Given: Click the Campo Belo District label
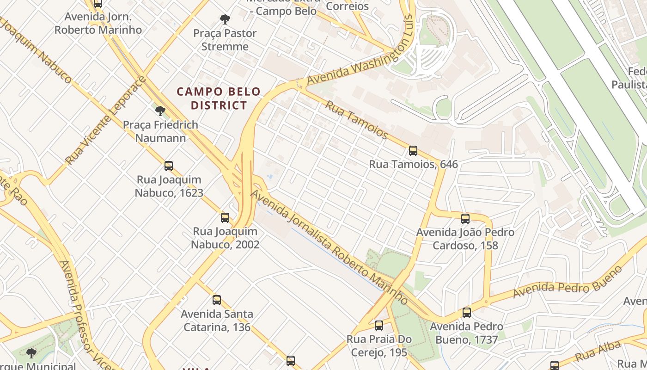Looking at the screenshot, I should (219, 99).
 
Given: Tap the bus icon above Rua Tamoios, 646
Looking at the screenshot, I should (413, 151).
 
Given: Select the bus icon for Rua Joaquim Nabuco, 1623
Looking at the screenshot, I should (169, 166).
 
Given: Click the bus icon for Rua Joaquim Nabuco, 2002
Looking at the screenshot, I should (225, 218).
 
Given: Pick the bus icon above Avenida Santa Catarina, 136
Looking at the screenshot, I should (216, 300).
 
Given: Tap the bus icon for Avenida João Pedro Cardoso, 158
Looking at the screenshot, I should (465, 219).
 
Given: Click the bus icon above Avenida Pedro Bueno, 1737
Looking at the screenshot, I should (467, 313).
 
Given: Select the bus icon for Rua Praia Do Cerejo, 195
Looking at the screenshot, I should (379, 326).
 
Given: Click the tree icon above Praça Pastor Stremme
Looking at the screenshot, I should (225, 19).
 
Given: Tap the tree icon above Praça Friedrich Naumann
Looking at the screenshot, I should (160, 111).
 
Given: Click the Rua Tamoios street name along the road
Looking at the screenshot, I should (356, 119).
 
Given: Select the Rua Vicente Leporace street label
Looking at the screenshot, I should (106, 121).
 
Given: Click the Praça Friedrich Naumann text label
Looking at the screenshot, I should (160, 131).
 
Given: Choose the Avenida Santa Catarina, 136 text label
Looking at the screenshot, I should (217, 321).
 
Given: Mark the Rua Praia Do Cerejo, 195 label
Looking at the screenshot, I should (379, 346).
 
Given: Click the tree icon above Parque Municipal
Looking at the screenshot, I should (31, 354).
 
